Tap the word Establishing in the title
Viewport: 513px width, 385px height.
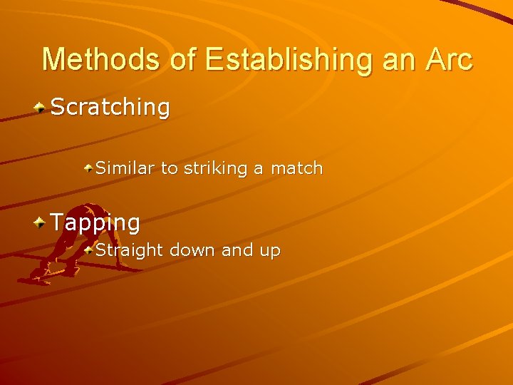[289, 59]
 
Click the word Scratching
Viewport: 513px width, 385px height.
[110, 108]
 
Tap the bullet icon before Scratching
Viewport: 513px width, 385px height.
[41, 108]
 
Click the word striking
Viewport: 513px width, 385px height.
[216, 168]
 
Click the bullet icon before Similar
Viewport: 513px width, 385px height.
[88, 168]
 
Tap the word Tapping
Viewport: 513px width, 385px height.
[95, 222]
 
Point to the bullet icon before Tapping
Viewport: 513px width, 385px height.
[41, 222]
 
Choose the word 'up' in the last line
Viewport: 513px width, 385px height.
[270, 251]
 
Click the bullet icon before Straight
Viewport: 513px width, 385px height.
[88, 250]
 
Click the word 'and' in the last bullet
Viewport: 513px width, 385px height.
[237, 250]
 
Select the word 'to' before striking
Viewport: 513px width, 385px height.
[170, 168]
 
